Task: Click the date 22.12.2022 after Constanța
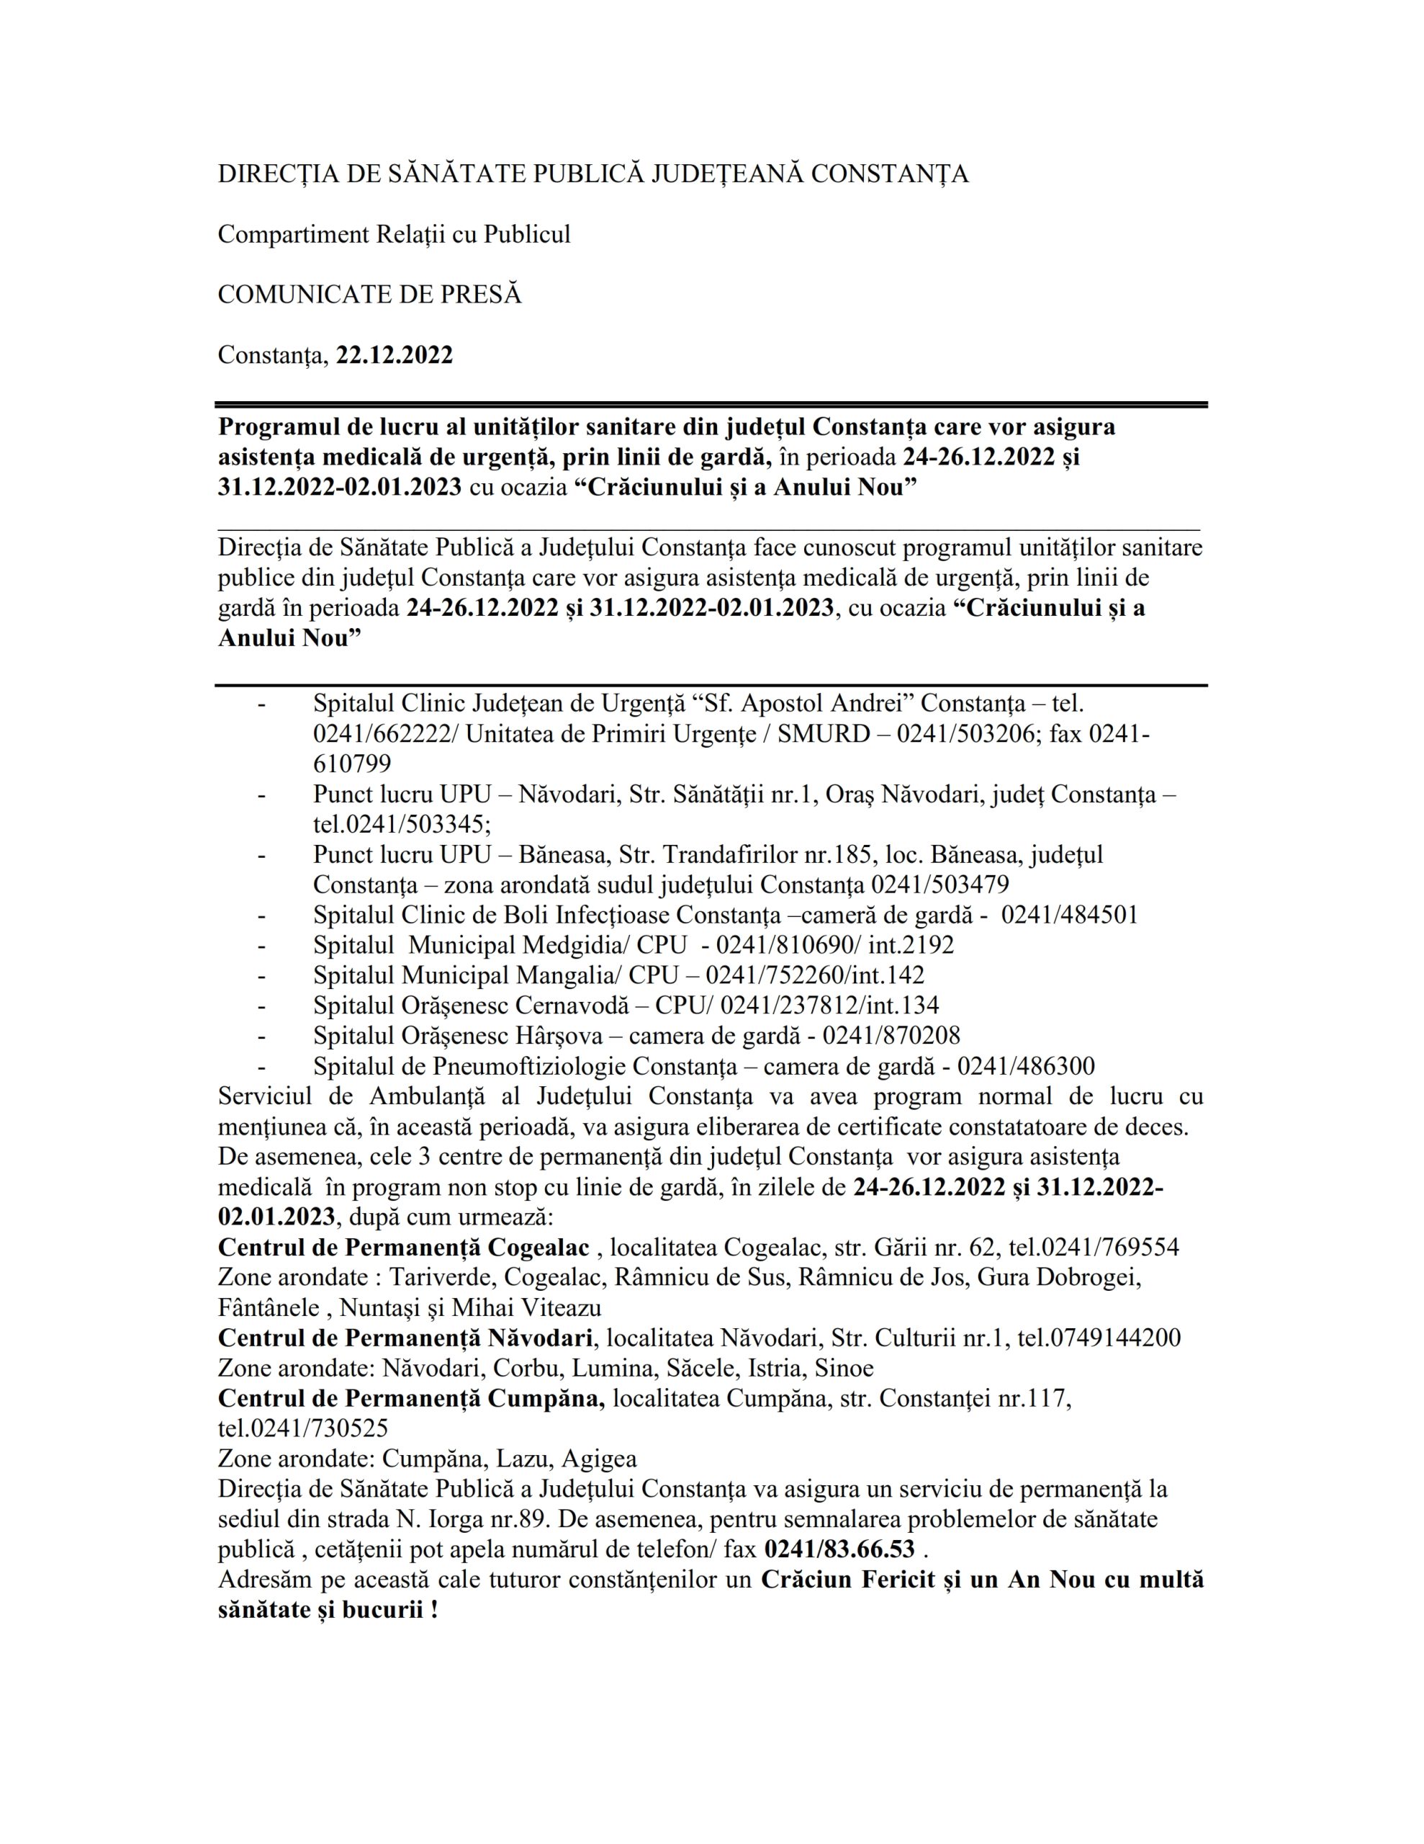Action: coord(395,354)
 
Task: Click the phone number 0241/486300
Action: coord(1026,1065)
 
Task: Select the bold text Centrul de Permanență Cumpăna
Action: coord(411,1398)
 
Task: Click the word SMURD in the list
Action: coord(823,734)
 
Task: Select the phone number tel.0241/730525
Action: coord(303,1428)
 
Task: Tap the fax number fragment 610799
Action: coord(352,764)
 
